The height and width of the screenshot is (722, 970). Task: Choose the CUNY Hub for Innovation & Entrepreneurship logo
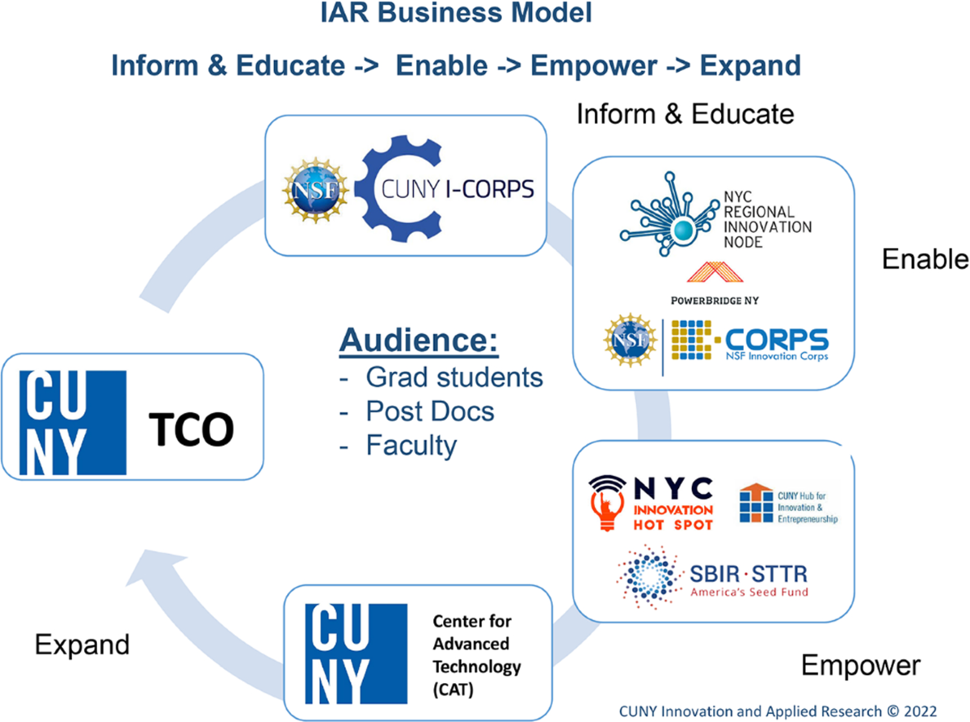(787, 504)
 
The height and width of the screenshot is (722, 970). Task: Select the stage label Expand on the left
(82, 644)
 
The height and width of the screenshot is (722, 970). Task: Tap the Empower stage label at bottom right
(860, 665)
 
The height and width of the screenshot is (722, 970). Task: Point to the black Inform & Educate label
(685, 114)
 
